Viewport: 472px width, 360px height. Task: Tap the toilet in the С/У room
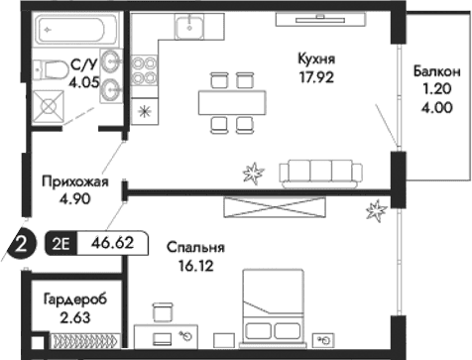(x=48, y=69)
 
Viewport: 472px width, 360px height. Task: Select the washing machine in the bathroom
(x=46, y=105)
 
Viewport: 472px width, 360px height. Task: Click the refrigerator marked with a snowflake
(x=145, y=111)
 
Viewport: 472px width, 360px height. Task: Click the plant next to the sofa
(x=255, y=173)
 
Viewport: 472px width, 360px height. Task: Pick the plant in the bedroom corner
(x=376, y=209)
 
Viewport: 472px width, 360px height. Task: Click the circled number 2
(x=21, y=242)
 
